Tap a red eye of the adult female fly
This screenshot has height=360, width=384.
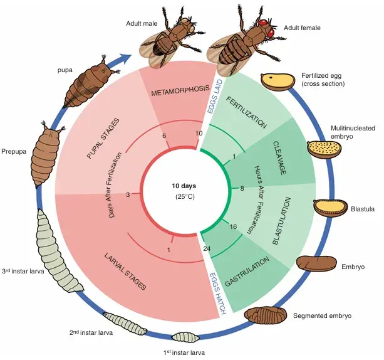[263, 23]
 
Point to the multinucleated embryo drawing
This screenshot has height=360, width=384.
[324, 149]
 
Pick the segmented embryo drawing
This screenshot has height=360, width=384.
[266, 315]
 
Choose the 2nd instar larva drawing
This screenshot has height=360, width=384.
[125, 324]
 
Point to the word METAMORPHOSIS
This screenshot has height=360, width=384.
[180, 90]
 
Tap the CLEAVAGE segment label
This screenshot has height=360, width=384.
[279, 158]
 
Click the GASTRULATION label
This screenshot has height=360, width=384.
[247, 272]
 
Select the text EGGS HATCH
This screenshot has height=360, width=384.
[218, 294]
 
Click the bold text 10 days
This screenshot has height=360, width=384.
[184, 186]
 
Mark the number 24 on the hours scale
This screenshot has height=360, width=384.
[207, 248]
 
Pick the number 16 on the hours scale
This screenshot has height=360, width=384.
[233, 226]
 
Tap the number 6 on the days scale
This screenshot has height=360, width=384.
[164, 136]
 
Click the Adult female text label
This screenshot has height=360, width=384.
[302, 28]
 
